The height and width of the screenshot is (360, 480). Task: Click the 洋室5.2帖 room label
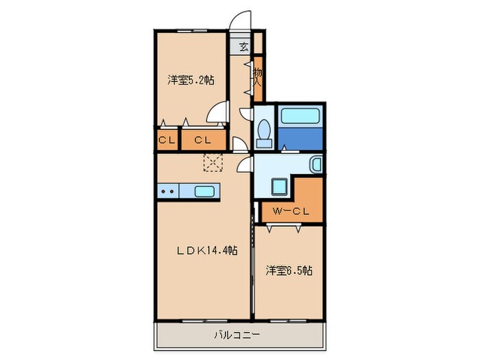point(190,80)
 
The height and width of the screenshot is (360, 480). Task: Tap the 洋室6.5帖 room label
point(289,271)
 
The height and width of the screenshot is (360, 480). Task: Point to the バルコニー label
point(236,336)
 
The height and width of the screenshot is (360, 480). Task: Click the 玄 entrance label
point(243,47)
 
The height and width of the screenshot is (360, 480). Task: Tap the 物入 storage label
point(258,76)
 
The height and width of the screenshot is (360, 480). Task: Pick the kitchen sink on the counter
point(206,191)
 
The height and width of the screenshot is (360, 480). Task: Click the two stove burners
point(167,192)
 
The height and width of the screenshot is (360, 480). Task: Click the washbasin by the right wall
point(315,165)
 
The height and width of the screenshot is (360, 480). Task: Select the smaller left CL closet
point(167,141)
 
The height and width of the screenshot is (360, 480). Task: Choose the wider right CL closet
point(203,141)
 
